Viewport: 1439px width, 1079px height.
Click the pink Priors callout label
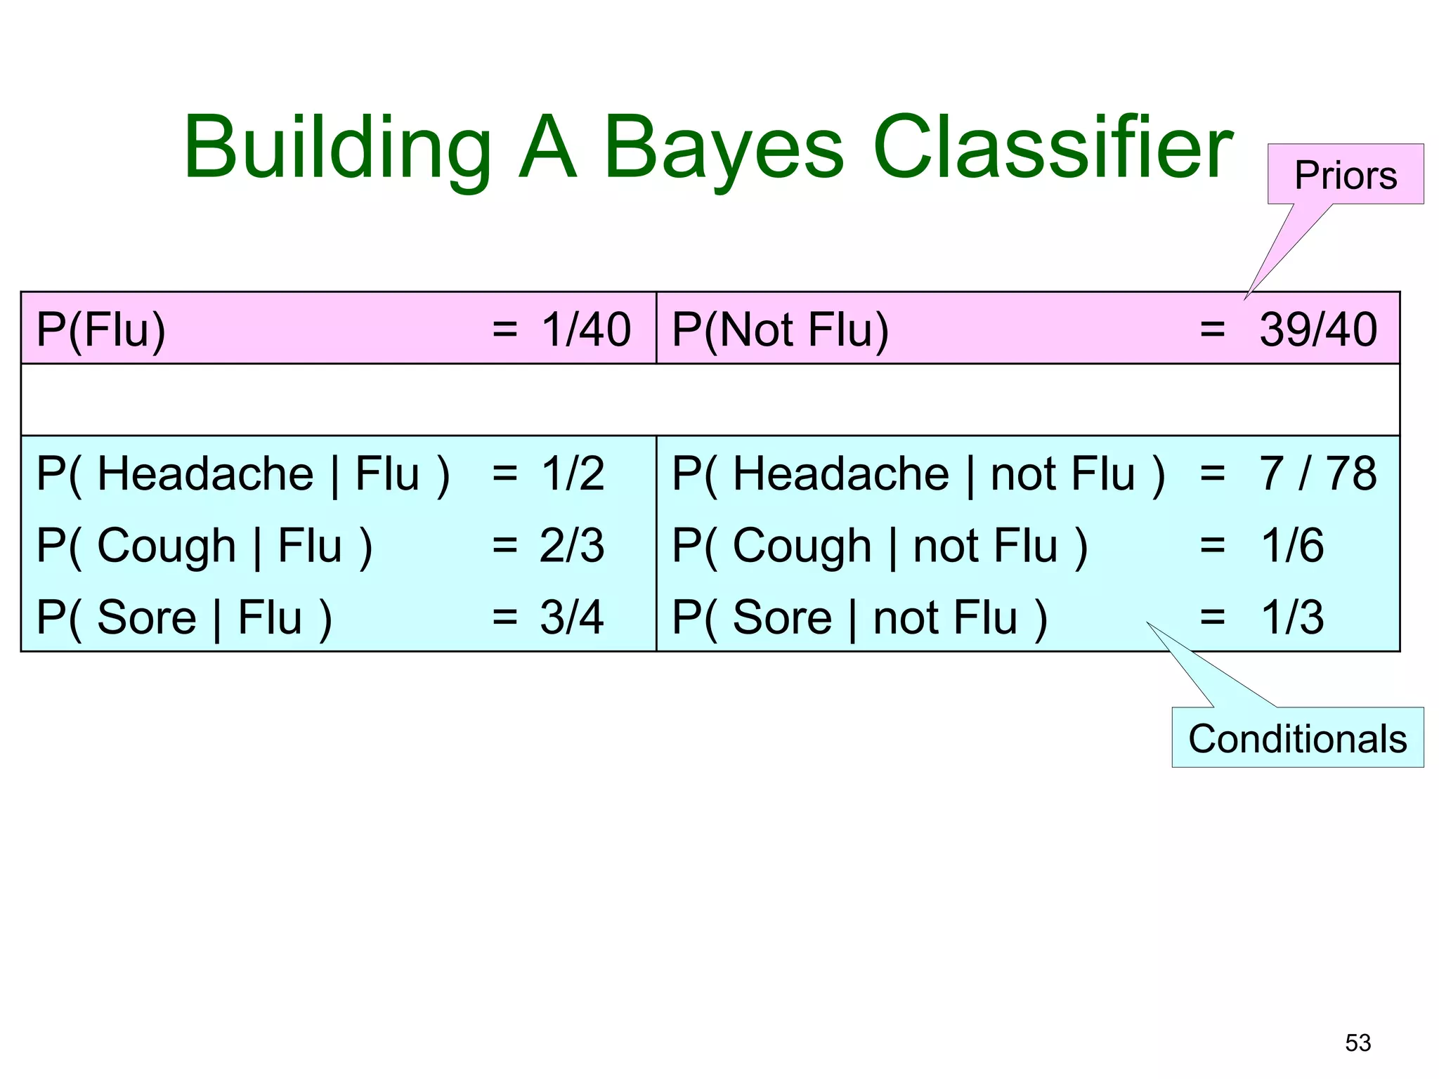pyautogui.click(x=1345, y=175)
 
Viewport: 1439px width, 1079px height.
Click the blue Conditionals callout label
pyautogui.click(x=1297, y=739)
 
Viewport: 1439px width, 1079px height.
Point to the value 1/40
pyautogui.click(x=586, y=329)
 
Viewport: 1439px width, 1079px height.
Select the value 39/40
pyautogui.click(x=1317, y=329)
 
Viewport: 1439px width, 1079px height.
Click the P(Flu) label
pyautogui.click(x=101, y=329)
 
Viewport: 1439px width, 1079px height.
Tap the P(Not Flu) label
pyautogui.click(x=780, y=329)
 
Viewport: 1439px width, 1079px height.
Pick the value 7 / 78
pyautogui.click(x=1317, y=473)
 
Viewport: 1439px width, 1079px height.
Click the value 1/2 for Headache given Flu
pyautogui.click(x=572, y=473)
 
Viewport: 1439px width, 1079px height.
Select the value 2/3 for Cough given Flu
pyautogui.click(x=572, y=546)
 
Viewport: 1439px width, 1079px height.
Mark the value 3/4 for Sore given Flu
pyautogui.click(x=572, y=617)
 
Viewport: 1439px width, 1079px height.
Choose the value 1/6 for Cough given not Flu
pyautogui.click(x=1292, y=546)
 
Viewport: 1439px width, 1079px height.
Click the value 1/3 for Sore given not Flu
pyautogui.click(x=1292, y=617)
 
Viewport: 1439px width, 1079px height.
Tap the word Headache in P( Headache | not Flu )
pyautogui.click(x=840, y=473)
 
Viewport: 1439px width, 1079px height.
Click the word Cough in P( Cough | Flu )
pyautogui.click(x=167, y=546)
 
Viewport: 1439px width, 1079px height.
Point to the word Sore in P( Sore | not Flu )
pyautogui.click(x=782, y=617)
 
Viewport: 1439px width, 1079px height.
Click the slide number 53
pyautogui.click(x=1357, y=1042)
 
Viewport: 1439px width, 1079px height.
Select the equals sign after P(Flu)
pyautogui.click(x=504, y=329)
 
